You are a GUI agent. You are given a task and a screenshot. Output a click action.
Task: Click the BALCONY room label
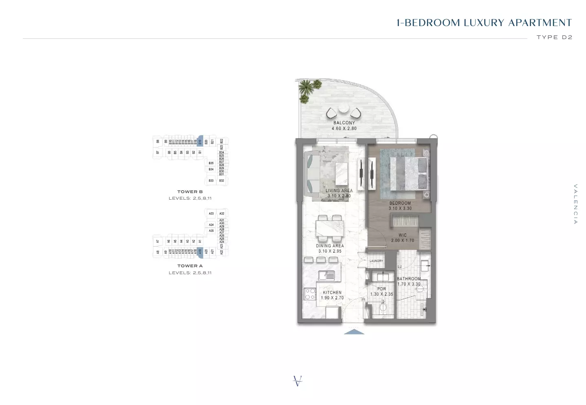tap(344, 123)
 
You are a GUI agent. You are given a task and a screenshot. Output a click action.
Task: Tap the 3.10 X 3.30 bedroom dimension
tap(400, 209)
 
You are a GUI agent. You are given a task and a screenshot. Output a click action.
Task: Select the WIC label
tap(402, 235)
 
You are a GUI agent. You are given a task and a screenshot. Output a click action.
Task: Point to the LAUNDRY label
tap(376, 261)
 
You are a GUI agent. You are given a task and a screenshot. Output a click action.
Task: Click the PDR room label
tap(381, 289)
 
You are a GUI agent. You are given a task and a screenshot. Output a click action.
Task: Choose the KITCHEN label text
tap(332, 293)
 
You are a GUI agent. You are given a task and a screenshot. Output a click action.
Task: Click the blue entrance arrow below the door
tap(354, 332)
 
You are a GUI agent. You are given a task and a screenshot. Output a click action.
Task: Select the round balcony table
tap(343, 109)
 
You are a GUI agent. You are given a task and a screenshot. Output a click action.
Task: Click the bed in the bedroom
tap(408, 173)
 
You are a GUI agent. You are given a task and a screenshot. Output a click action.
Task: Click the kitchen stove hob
tap(310, 294)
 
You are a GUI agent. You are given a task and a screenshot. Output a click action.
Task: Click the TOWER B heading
tap(190, 191)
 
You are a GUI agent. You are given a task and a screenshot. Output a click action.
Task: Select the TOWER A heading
tap(190, 266)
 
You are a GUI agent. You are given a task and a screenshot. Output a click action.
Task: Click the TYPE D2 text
tap(554, 37)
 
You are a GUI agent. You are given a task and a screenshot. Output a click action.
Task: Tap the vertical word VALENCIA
tap(575, 204)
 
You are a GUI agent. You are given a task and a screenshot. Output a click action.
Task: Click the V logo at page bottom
tap(298, 381)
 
